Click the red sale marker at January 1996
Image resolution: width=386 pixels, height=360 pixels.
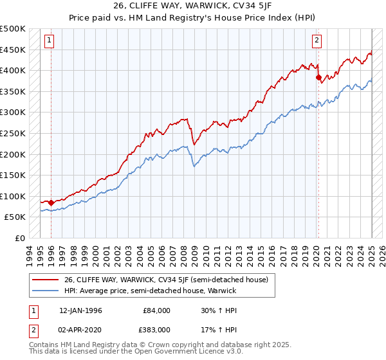tap(51, 203)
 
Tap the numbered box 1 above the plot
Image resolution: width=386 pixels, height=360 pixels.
tap(50, 40)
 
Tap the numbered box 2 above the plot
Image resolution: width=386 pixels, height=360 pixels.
tap(317, 40)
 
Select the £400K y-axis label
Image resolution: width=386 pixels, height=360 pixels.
tap(13, 71)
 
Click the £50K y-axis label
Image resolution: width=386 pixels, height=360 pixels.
tap(15, 217)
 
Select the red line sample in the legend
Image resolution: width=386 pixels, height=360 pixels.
tap(46, 279)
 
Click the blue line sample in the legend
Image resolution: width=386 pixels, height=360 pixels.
tap(46, 291)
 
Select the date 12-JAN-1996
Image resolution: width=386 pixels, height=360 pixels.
tap(80, 310)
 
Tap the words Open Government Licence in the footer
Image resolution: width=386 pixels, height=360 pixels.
tap(177, 352)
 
